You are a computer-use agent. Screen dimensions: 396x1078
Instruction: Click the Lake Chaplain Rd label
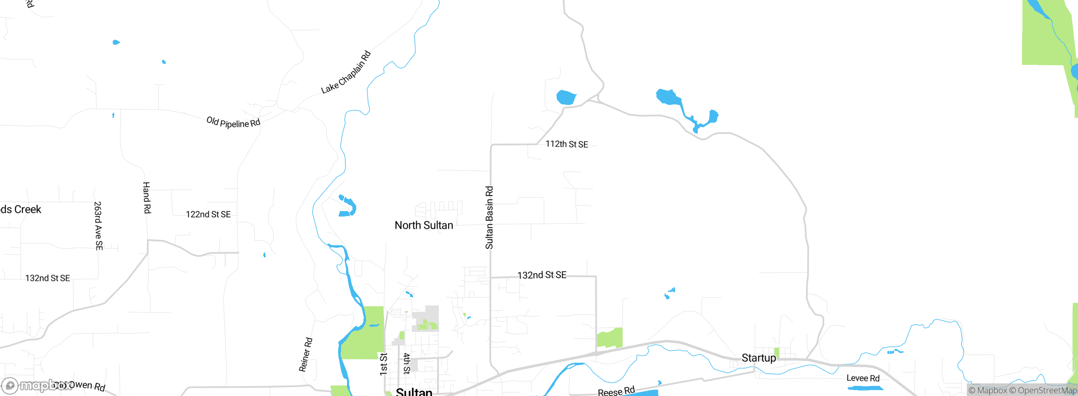pyautogui.click(x=346, y=72)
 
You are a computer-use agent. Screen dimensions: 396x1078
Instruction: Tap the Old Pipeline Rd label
pyautogui.click(x=233, y=123)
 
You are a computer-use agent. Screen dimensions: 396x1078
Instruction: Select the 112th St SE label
pyautogui.click(x=567, y=144)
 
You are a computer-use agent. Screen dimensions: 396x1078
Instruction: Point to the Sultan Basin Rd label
pyautogui.click(x=489, y=218)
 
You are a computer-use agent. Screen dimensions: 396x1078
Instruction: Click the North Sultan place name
pyautogui.click(x=424, y=225)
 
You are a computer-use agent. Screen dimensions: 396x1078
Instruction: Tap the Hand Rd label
pyautogui.click(x=147, y=198)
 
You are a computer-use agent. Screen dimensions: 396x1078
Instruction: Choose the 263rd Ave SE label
pyautogui.click(x=98, y=226)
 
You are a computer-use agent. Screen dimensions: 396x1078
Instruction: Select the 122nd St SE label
pyautogui.click(x=208, y=214)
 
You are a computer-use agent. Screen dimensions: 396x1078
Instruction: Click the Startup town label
pyautogui.click(x=758, y=358)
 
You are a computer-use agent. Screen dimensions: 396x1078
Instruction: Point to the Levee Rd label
pyautogui.click(x=863, y=378)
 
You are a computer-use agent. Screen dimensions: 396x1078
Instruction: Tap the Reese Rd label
pyautogui.click(x=616, y=391)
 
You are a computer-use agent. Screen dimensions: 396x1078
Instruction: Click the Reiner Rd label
pyautogui.click(x=306, y=355)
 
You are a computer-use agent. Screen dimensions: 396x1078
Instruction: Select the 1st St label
pyautogui.click(x=383, y=364)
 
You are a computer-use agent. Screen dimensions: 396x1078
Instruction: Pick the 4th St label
pyautogui.click(x=407, y=364)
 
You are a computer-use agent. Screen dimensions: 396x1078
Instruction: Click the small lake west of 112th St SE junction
pyautogui.click(x=566, y=97)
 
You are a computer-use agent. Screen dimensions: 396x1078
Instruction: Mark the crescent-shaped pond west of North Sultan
pyautogui.click(x=348, y=206)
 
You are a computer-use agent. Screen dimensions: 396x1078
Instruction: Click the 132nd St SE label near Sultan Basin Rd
pyautogui.click(x=542, y=275)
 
